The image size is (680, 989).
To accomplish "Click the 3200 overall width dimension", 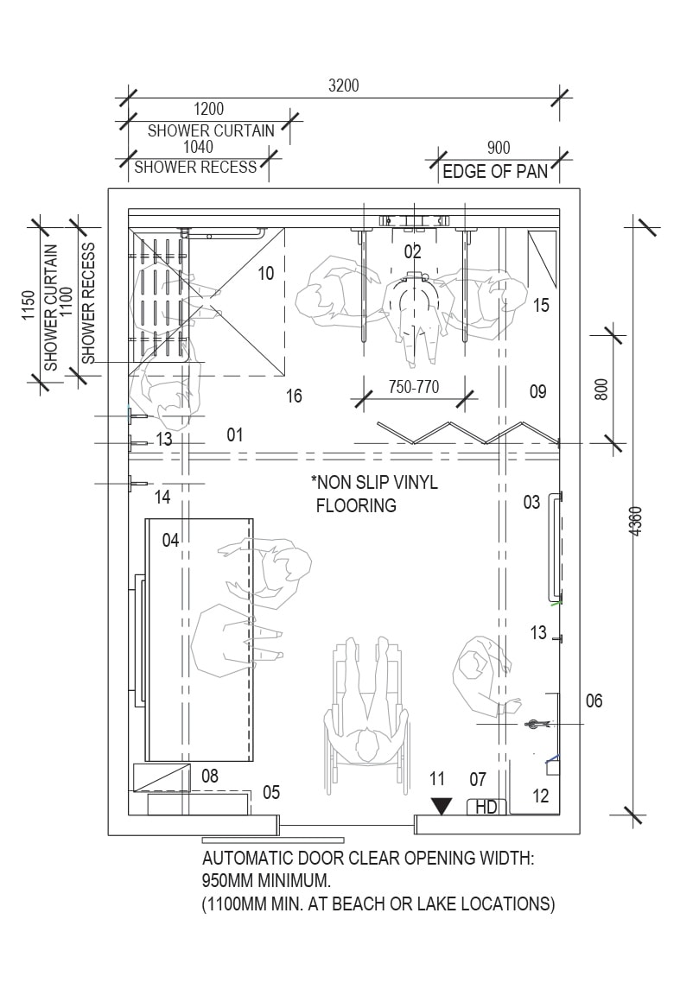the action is click(343, 86).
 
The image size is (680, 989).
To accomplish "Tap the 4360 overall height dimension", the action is click(637, 521).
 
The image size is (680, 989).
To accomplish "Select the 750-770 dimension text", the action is click(414, 386).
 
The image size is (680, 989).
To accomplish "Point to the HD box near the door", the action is click(486, 807).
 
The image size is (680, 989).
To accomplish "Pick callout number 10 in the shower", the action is click(266, 273).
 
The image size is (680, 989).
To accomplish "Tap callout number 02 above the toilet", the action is click(412, 252).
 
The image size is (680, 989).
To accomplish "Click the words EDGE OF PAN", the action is click(495, 172).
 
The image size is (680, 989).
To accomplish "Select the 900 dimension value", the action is click(499, 149).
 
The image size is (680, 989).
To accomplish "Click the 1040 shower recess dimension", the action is click(198, 146).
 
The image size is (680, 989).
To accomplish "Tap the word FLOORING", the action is click(356, 505).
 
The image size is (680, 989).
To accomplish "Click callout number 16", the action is click(294, 396).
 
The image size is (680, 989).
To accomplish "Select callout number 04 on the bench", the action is click(171, 540).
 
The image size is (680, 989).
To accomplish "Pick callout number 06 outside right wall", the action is click(594, 701).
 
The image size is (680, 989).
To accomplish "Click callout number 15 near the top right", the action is click(541, 305).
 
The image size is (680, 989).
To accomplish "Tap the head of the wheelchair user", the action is click(365, 745).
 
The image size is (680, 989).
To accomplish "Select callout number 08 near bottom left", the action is click(210, 776).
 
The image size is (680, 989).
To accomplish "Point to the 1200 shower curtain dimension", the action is click(209, 109).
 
